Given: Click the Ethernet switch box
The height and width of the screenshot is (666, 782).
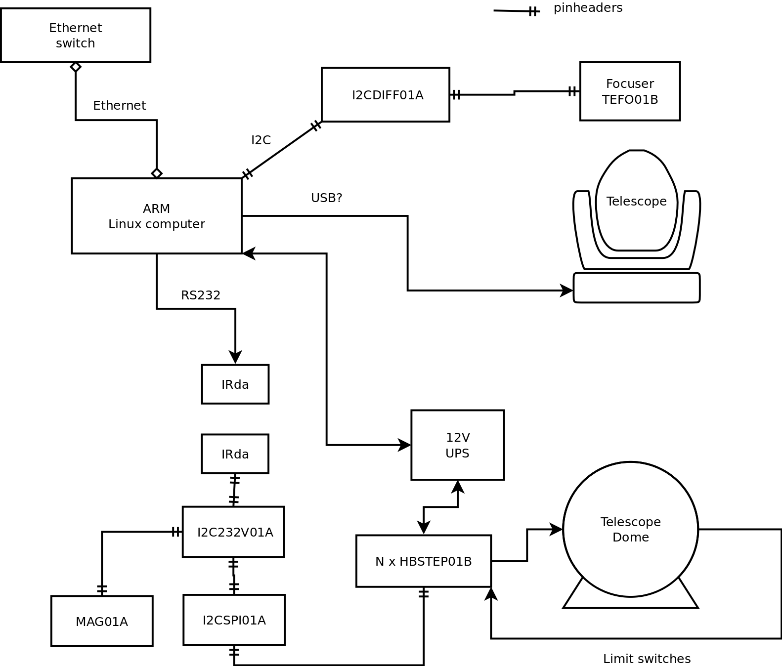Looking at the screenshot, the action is tap(76, 35).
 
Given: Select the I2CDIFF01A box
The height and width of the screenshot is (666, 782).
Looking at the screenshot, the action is tap(386, 94).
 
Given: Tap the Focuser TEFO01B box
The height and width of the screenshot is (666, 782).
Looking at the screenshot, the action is tap(630, 91).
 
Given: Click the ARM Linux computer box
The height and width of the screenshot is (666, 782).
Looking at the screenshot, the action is tap(157, 216).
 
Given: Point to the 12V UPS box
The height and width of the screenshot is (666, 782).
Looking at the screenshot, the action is tap(458, 445).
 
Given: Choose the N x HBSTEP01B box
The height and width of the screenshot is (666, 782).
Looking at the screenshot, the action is tap(424, 561).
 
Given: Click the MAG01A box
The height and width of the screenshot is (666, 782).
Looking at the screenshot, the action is tap(102, 621).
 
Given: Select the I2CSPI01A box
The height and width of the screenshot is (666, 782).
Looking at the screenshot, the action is tap(234, 620).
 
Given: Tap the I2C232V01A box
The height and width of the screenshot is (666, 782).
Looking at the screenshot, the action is tap(233, 532).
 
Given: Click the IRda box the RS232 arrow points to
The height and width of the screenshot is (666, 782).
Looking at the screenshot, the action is tap(235, 384).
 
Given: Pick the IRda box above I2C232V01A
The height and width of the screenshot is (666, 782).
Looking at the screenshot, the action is tap(235, 454).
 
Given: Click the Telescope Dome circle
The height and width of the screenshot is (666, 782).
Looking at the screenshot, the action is tap(631, 529).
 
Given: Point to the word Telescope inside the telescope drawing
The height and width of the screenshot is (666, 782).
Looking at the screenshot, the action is tap(637, 201).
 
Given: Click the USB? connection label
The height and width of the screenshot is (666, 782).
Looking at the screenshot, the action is tap(327, 198).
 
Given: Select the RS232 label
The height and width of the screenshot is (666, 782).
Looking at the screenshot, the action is tap(201, 295).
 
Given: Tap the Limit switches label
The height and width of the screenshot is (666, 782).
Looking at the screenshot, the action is tap(647, 659).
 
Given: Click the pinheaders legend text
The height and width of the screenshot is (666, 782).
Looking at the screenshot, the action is tap(588, 8).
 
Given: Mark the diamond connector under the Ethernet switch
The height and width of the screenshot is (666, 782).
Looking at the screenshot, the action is tap(76, 67).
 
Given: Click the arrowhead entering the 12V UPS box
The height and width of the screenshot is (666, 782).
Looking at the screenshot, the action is tap(405, 445).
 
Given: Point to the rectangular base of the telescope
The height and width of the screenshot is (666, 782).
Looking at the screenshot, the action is tap(637, 288).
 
